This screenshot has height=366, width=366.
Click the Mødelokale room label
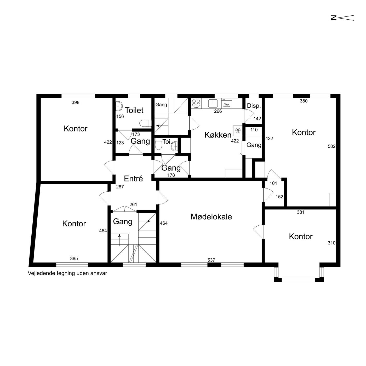(x=211, y=217)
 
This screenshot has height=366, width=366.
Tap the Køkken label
(x=218, y=135)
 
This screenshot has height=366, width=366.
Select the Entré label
(x=133, y=179)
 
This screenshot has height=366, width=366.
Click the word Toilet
(x=134, y=110)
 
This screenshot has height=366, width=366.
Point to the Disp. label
(x=254, y=106)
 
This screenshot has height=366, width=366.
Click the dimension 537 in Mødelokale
(x=211, y=260)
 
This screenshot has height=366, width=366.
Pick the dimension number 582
(x=332, y=146)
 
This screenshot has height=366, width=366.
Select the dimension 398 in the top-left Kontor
(x=75, y=102)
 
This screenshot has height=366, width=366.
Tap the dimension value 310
(x=332, y=243)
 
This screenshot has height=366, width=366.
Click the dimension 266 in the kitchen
(x=218, y=111)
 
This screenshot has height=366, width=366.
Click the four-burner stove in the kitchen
(x=196, y=103)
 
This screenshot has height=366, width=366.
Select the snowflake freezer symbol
(x=238, y=130)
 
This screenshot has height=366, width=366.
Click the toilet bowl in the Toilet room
(x=145, y=123)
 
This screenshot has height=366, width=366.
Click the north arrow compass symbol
(x=342, y=18)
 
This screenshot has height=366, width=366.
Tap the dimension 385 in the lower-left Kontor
(x=74, y=259)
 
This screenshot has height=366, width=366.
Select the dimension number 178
(x=171, y=175)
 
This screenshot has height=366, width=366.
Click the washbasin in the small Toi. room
(x=174, y=146)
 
